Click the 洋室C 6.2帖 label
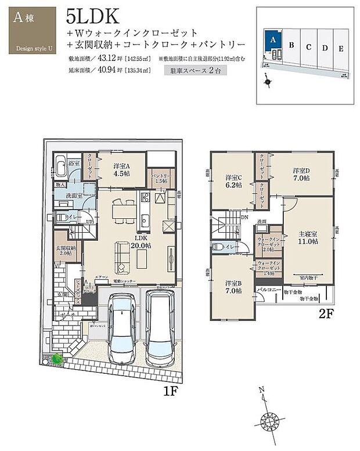click(233, 181)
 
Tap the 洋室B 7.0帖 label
click(233, 287)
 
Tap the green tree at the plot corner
click(56, 360)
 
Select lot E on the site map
click(341, 48)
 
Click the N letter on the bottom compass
click(262, 390)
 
